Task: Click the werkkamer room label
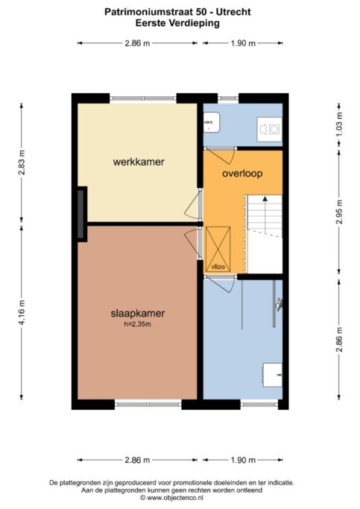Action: click(139, 162)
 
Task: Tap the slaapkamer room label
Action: click(138, 313)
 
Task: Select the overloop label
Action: click(242, 174)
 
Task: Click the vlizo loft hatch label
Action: click(218, 267)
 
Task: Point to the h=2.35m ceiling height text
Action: click(138, 324)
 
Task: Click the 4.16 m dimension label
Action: click(22, 312)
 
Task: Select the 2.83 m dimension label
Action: click(22, 162)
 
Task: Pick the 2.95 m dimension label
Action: click(339, 212)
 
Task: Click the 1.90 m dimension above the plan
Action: click(243, 43)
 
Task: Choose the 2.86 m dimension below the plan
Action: click(137, 460)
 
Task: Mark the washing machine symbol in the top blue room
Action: click(269, 129)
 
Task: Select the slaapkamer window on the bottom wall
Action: click(148, 405)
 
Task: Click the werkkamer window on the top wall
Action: click(143, 98)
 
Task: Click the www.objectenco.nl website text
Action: click(175, 498)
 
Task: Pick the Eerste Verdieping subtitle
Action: click(177, 23)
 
